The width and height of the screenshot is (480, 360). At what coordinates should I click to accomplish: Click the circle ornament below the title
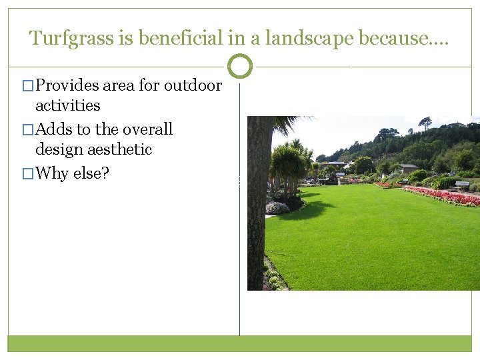click(240, 66)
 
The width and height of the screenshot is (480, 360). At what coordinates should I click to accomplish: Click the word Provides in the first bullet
click(67, 85)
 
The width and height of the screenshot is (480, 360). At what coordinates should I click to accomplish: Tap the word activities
click(67, 105)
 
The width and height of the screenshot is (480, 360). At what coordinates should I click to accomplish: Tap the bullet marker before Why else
click(27, 174)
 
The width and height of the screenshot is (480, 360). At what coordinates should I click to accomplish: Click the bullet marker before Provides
click(27, 86)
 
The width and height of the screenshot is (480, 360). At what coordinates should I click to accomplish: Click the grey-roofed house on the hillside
click(408, 168)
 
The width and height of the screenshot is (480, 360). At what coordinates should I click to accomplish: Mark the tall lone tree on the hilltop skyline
click(424, 123)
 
